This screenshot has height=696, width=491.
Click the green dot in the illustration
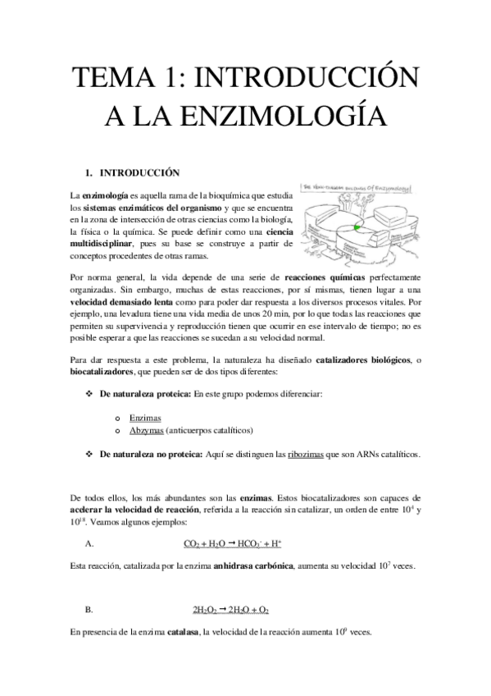pos(357,224)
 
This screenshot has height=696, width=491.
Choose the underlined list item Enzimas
pos(144,417)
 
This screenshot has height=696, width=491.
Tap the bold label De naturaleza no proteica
pos(152,454)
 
